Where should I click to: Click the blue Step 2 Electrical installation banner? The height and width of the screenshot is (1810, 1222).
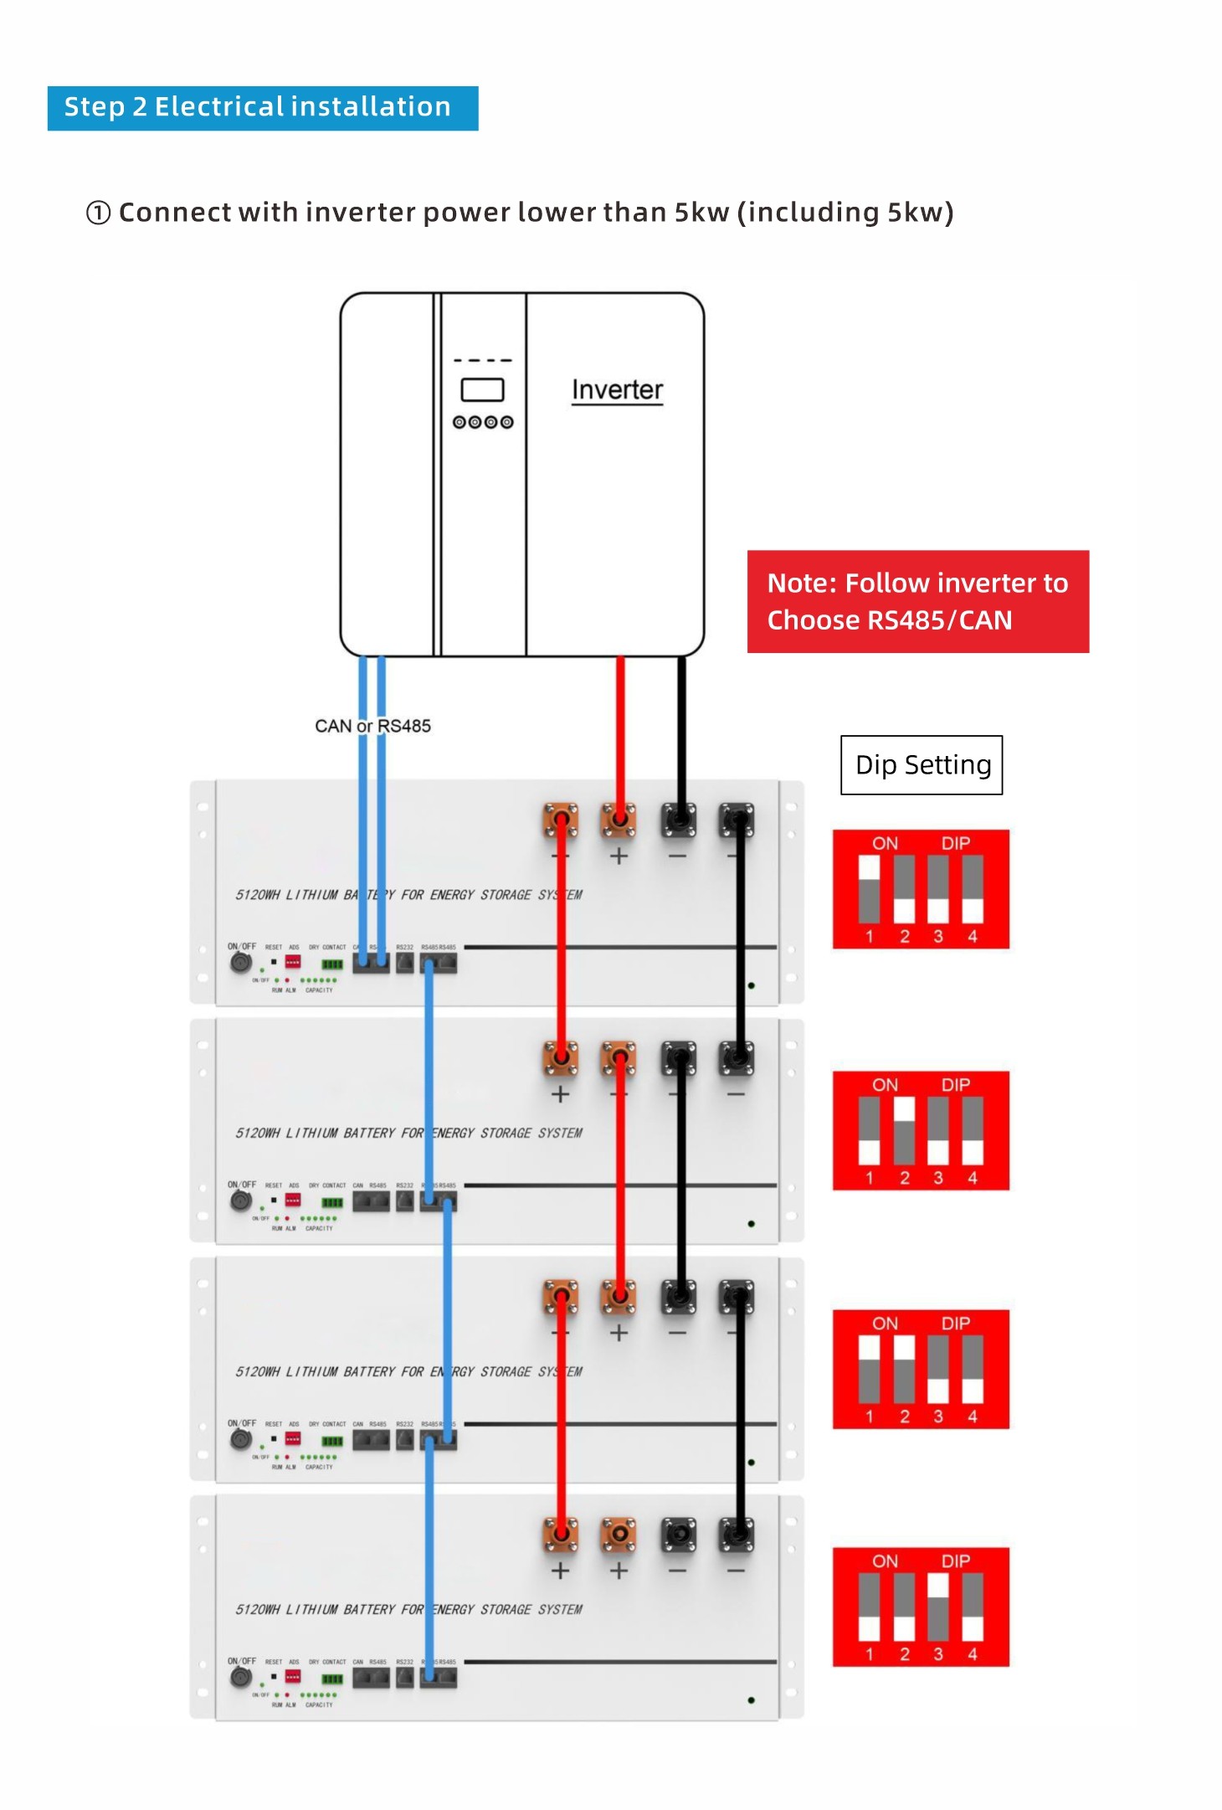262,108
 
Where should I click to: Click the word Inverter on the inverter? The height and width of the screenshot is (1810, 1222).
617,390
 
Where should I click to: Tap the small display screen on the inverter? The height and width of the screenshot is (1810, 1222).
482,390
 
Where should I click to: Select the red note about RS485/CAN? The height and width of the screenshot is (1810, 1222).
917,601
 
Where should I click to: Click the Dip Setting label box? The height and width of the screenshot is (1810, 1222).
922,764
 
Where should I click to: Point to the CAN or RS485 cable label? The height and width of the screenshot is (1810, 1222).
372,726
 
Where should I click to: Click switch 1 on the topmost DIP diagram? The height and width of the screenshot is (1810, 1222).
870,889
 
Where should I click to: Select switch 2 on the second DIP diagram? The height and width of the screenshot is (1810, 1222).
904,1130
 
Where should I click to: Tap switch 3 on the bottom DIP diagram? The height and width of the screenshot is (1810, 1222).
938,1607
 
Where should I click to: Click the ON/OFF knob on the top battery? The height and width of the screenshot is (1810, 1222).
241,963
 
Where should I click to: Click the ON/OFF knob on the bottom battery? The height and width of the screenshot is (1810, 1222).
241,1677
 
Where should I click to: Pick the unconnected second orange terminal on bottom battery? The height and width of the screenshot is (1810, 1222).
619,1535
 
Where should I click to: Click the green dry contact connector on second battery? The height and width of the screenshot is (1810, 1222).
332,1203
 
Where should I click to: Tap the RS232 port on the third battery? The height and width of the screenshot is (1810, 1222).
405,1440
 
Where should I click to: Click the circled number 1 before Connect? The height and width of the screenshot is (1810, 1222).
98,213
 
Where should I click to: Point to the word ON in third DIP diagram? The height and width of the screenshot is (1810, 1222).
885,1324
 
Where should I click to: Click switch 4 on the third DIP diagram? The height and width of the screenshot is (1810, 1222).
973,1369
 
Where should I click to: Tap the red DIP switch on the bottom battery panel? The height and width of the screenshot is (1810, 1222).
293,1677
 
